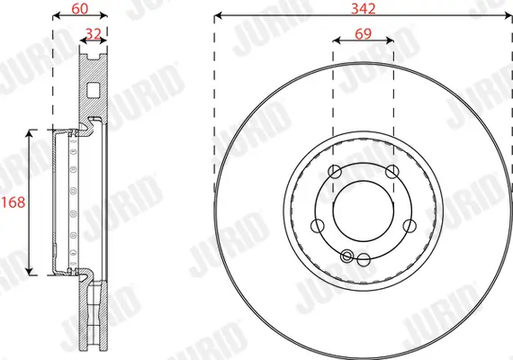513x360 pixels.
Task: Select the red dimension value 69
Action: (363, 32)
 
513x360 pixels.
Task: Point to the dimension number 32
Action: (93, 32)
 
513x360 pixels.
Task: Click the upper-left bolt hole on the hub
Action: (335, 172)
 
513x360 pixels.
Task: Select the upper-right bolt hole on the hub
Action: (391, 172)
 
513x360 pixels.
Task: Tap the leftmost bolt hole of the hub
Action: (317, 226)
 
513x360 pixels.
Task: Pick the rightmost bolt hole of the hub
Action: (409, 226)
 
